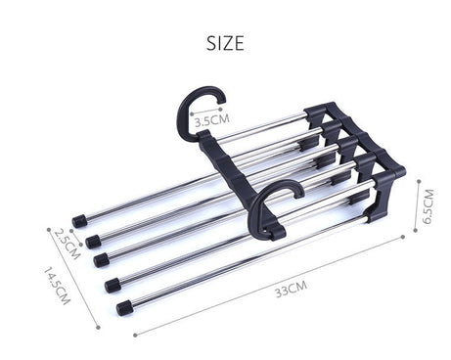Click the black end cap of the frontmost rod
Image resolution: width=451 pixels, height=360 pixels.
pos(124,308)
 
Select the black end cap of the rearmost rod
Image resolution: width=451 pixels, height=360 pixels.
pos(78,221)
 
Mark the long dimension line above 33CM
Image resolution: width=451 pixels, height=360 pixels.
pos(274,283)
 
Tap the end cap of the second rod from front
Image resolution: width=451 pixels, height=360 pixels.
pos(113,285)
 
